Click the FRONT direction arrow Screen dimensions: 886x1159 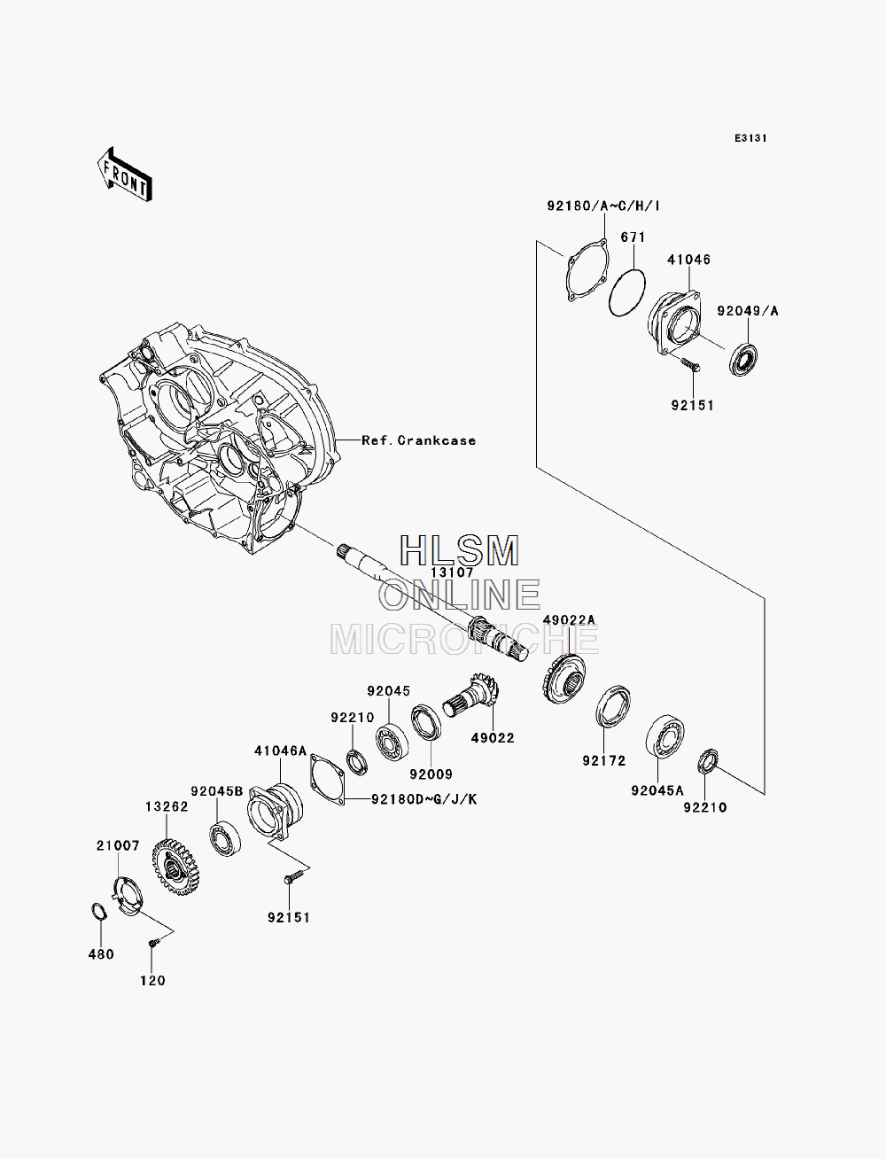pyautogui.click(x=125, y=174)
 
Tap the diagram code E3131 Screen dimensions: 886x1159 pyautogui.click(x=750, y=138)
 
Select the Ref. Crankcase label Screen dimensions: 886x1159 pyautogui.click(x=418, y=440)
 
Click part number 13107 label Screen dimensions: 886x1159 pyautogui.click(x=452, y=572)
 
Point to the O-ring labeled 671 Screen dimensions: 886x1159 pyautogui.click(x=626, y=293)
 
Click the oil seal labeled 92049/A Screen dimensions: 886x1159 pyautogui.click(x=743, y=359)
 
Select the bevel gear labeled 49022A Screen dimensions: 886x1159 pyautogui.click(x=563, y=678)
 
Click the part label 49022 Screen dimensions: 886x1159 pyautogui.click(x=493, y=738)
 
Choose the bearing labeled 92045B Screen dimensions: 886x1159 pyautogui.click(x=225, y=839)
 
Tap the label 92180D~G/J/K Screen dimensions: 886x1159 pyautogui.click(x=424, y=800)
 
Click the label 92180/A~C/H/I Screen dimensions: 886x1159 pyautogui.click(x=603, y=206)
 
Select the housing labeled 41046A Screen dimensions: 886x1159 pyautogui.click(x=275, y=812)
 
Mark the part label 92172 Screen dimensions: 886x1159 pyautogui.click(x=604, y=761)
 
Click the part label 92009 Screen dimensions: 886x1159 pyautogui.click(x=431, y=774)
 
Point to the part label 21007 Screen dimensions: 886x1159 pyautogui.click(x=118, y=846)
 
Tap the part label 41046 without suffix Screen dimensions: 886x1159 pyautogui.click(x=689, y=260)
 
